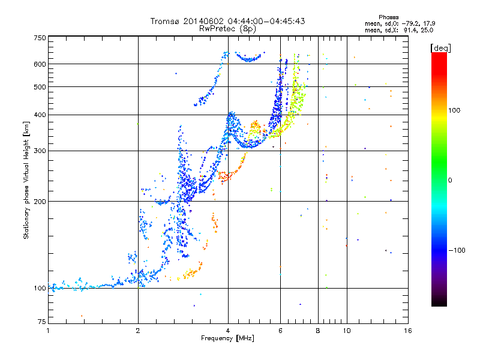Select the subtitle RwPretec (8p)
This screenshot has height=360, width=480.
[228, 28]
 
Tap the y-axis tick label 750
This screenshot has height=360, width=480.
[40, 38]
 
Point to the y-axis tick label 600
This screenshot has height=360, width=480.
[40, 64]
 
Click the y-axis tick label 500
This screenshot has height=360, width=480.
[40, 87]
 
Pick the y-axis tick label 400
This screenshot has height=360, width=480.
[40, 115]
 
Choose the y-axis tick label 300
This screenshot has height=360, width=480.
[40, 151]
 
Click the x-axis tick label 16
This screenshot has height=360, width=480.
[408, 331]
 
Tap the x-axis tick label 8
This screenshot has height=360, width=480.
[318, 331]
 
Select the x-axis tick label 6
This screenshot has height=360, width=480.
[280, 331]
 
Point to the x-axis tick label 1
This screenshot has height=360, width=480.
[48, 331]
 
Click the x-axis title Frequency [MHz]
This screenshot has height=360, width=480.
[228, 338]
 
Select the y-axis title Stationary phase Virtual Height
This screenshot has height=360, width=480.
[26, 180]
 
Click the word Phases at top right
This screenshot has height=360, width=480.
[389, 17]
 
